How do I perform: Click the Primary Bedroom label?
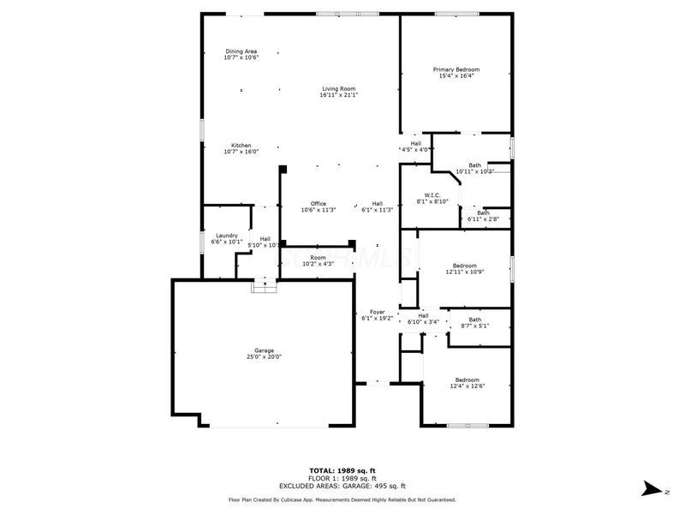[x=456, y=69]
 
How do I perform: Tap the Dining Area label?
[x=241, y=51]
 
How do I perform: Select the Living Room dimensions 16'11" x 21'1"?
[x=338, y=95]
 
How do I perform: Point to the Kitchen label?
[x=241, y=145]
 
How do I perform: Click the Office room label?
[x=318, y=203]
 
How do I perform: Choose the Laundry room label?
[x=226, y=236]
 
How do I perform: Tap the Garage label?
[x=264, y=350]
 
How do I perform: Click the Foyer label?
[x=377, y=312]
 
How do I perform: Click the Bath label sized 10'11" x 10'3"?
[x=474, y=165]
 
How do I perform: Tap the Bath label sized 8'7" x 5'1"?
[x=474, y=320]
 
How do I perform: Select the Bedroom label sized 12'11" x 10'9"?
[x=465, y=266]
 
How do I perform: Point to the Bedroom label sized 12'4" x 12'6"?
[x=467, y=380]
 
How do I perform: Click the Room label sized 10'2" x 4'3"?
[x=319, y=257]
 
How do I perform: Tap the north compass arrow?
[x=652, y=488]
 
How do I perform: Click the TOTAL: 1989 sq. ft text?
[x=342, y=470]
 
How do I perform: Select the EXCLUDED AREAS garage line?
[x=342, y=485]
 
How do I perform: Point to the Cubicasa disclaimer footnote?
[x=342, y=499]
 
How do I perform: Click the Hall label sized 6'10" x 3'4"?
[x=423, y=315]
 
